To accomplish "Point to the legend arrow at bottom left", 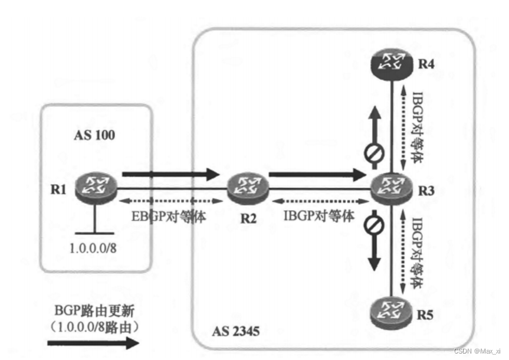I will [93, 342].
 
